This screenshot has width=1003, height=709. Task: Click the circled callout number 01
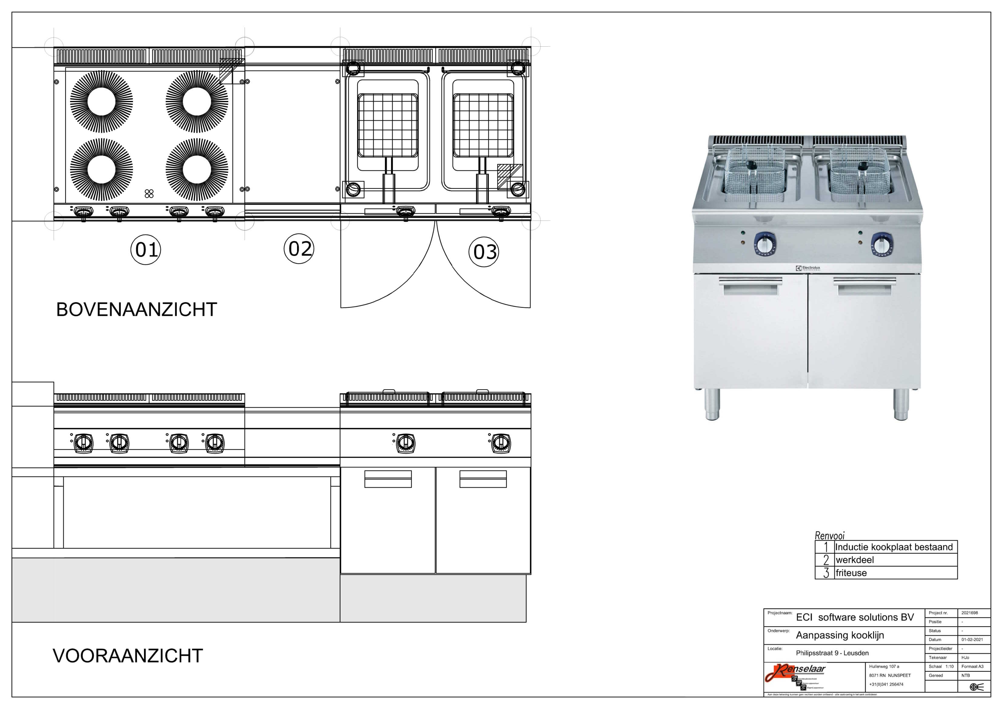pos(146,250)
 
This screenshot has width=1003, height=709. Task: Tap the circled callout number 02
pos(299,249)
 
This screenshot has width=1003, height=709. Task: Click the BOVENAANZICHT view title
pos(136,310)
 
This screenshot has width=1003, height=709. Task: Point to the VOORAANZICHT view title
pos(128,656)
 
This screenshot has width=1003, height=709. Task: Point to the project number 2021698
pos(970,613)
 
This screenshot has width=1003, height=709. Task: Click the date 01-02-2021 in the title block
pos(972,640)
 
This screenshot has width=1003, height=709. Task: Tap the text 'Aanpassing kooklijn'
pos(840,635)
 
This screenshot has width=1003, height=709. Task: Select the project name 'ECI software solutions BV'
pos(855,617)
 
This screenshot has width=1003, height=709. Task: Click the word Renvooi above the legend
pos(830,536)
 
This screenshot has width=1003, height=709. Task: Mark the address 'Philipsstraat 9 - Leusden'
pos(832,653)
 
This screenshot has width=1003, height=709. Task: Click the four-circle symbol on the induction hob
pos(149,193)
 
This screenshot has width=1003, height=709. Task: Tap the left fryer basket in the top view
pos(387,125)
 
